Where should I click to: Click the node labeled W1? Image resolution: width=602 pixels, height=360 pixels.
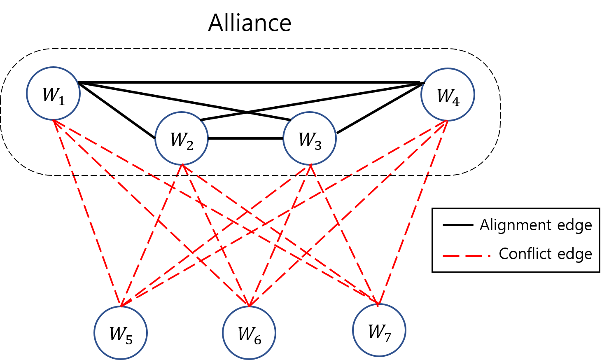point(54,94)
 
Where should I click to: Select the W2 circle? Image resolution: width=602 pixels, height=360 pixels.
point(182,138)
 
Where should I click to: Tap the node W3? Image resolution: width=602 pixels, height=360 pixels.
point(310,138)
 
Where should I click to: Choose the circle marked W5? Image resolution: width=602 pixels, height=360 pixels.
point(121,333)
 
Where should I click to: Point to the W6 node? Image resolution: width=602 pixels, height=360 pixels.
point(249,333)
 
